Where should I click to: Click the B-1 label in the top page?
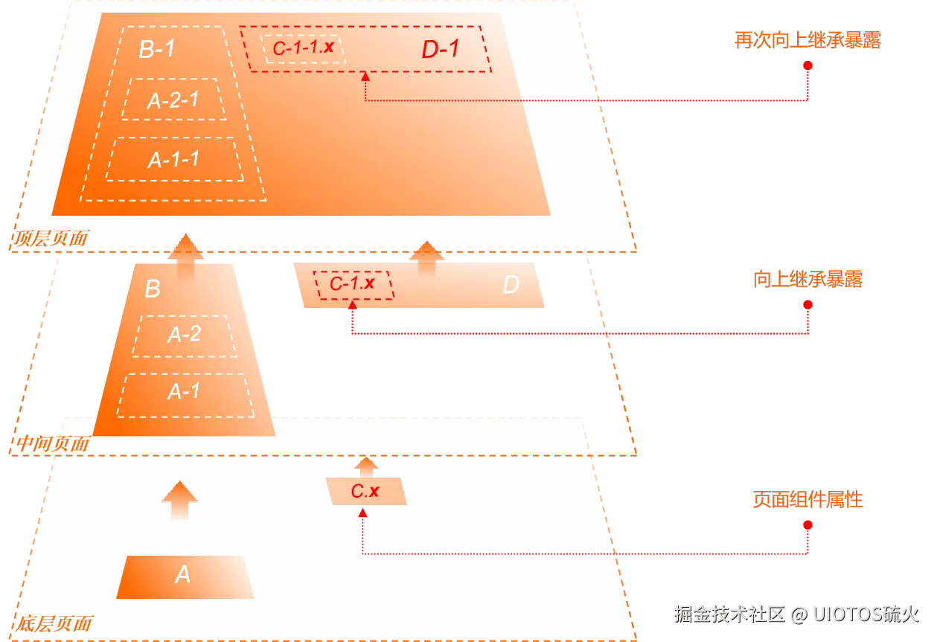click(157, 49)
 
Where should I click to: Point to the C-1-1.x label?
click(303, 48)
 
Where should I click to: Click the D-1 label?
click(441, 49)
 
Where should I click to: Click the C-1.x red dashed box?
click(354, 285)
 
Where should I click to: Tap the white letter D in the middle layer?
click(511, 284)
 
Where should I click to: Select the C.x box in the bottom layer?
click(366, 491)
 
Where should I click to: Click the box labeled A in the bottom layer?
click(185, 577)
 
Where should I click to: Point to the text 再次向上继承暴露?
click(808, 40)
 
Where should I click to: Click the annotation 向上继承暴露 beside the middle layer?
click(808, 279)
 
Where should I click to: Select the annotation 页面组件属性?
click(808, 499)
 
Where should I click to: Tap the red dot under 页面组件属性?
click(808, 525)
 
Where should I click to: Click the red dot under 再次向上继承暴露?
click(808, 65)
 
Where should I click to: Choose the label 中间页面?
click(52, 443)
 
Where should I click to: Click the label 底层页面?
click(54, 623)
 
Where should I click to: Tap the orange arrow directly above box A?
click(180, 501)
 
